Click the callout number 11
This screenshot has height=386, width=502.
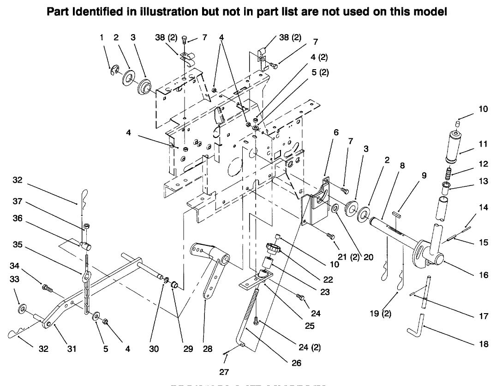[x=483, y=145]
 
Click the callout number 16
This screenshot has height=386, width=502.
[x=483, y=275]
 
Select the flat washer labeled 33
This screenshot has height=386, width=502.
[x=22, y=308]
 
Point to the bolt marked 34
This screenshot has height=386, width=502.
[x=47, y=288]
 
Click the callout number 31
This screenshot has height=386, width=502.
[x=72, y=349]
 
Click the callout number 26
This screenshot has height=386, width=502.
[x=296, y=363]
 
